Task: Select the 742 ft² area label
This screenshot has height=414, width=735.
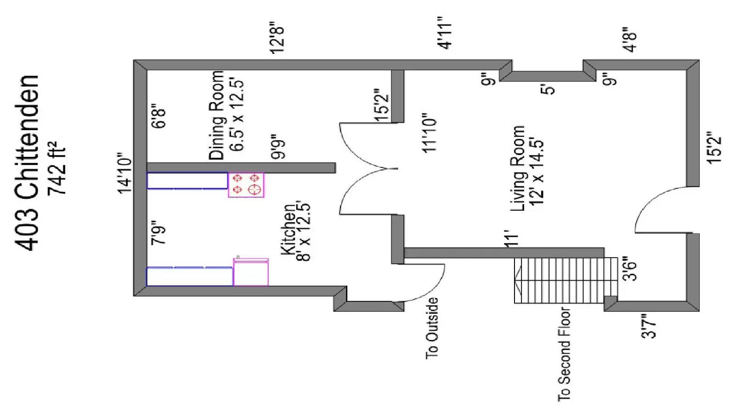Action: pyautogui.click(x=57, y=169)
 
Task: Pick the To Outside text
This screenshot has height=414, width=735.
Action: pyautogui.click(x=432, y=328)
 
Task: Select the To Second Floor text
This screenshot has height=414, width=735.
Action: pyautogui.click(x=564, y=354)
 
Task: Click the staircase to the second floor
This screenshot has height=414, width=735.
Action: pyautogui.click(x=565, y=280)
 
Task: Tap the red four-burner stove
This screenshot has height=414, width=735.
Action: pyautogui.click(x=246, y=185)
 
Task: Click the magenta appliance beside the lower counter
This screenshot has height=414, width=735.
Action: pyautogui.click(x=251, y=272)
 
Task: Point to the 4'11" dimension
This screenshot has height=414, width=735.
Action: pyautogui.click(x=445, y=33)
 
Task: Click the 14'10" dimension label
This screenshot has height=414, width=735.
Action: pyautogui.click(x=125, y=173)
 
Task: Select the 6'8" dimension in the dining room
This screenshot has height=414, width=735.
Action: pyautogui.click(x=159, y=117)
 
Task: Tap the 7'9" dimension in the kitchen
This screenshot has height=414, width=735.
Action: pyautogui.click(x=159, y=234)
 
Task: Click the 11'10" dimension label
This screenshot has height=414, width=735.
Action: pyautogui.click(x=430, y=133)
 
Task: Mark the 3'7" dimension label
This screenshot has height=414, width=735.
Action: pyautogui.click(x=649, y=326)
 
